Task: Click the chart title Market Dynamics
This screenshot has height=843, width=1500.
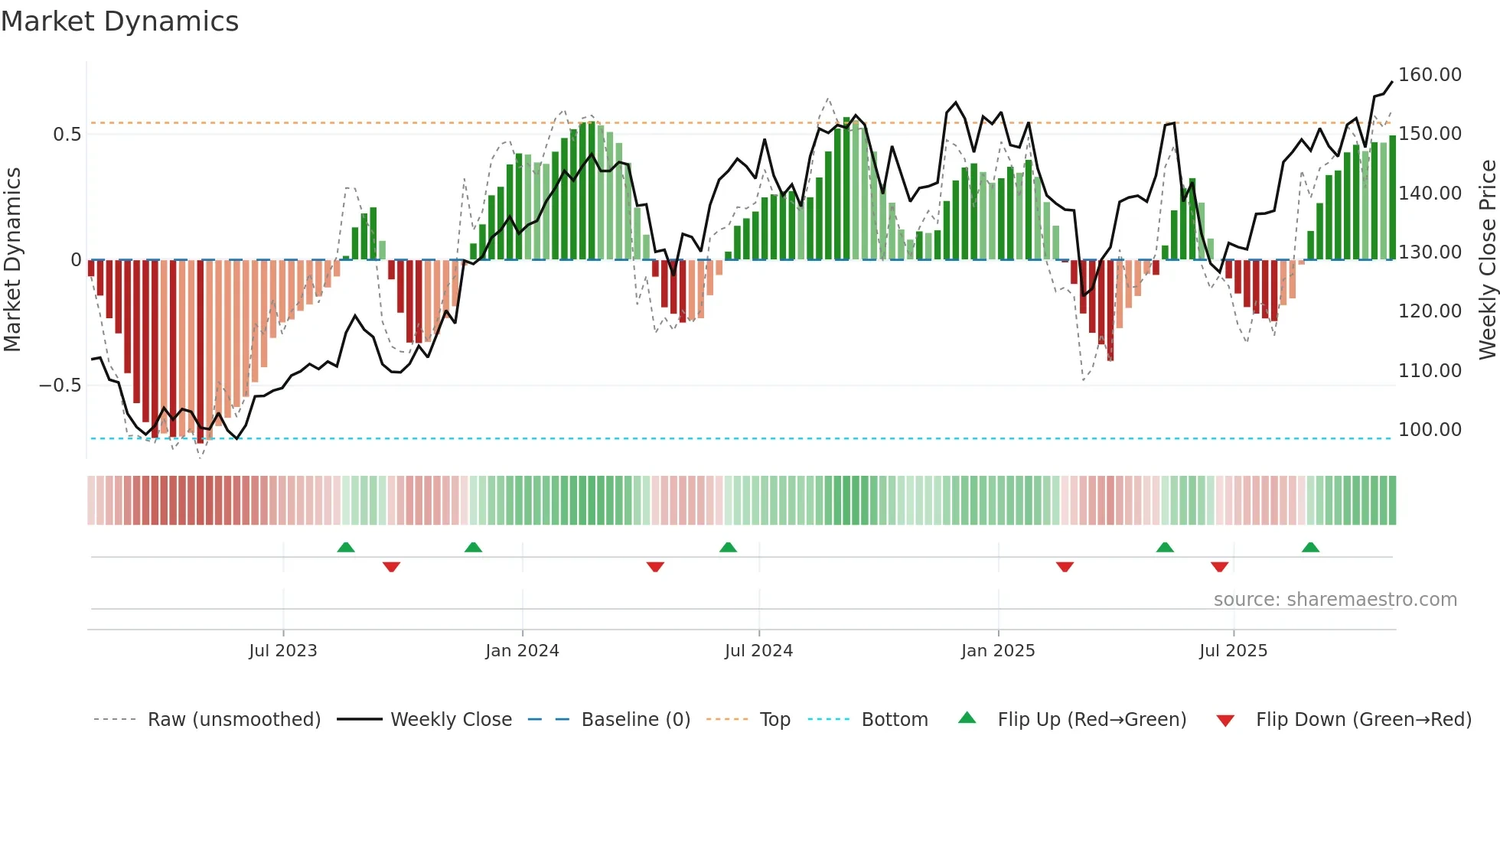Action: (x=119, y=21)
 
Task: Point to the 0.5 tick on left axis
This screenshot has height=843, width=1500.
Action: (x=67, y=135)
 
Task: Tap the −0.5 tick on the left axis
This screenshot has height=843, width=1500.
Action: (x=60, y=386)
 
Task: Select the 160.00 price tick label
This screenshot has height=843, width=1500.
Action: (x=1430, y=75)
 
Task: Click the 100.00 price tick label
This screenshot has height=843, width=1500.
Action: (x=1430, y=430)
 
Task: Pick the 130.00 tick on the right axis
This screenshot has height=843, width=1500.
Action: (x=1430, y=252)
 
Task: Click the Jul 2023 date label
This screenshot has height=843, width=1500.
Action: (x=282, y=651)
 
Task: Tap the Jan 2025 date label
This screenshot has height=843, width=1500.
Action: (x=998, y=651)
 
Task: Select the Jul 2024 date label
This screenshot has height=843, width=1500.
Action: (x=758, y=651)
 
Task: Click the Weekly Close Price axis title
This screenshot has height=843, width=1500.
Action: (x=1487, y=260)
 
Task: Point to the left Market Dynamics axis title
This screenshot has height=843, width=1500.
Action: (x=12, y=260)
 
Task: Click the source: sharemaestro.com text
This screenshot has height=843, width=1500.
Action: (x=1335, y=600)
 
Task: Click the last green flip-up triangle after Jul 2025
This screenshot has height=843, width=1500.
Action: (x=1310, y=548)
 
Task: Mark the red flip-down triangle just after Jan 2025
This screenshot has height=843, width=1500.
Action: (x=1065, y=567)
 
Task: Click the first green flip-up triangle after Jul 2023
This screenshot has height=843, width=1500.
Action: (x=346, y=548)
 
